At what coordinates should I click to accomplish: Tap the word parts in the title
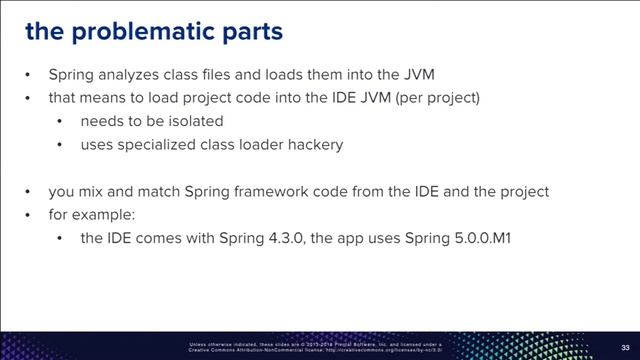250,32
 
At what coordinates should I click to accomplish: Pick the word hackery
311,144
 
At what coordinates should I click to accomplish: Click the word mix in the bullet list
91,190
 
